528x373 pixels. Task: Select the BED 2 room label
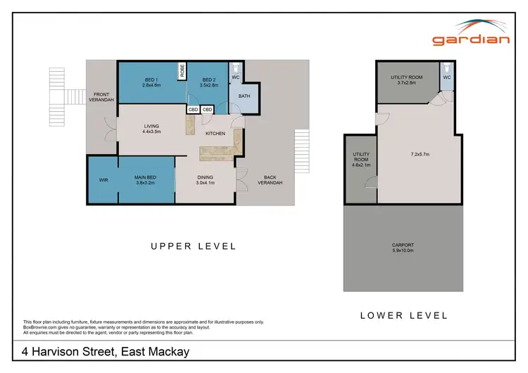(210, 82)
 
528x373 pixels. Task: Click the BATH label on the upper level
(244, 96)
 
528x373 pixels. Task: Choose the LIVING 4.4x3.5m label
(151, 129)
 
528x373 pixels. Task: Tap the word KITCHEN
(215, 133)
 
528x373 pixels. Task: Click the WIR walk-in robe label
(103, 180)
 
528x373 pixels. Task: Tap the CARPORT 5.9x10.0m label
(403, 248)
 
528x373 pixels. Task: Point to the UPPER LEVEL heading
(194, 246)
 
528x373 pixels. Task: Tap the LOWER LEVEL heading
(403, 315)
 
